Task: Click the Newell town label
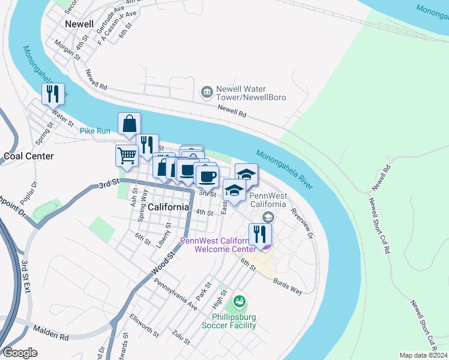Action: [79, 24]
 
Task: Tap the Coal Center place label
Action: [29, 156]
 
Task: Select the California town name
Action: [169, 207]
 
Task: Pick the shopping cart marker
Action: [127, 155]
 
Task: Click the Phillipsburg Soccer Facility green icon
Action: [240, 301]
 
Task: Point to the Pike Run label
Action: [95, 130]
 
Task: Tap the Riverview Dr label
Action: [302, 224]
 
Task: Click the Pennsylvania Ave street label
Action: [176, 294]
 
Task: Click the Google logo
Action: [20, 353]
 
